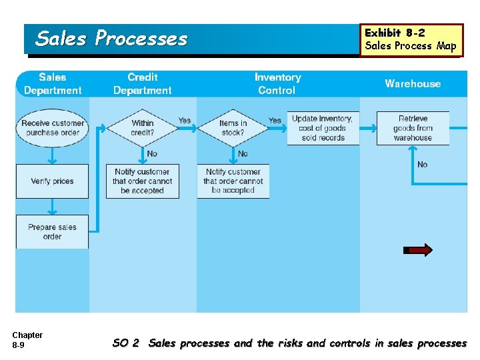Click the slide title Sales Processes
point(111,39)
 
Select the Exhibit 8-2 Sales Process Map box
point(411,40)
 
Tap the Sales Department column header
point(53,84)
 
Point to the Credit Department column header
point(142,84)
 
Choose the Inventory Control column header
point(277,84)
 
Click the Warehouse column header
point(413,84)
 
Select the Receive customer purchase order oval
point(53,128)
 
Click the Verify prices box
point(52,181)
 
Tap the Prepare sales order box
point(52,231)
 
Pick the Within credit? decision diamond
point(142,128)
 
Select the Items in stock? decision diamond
point(233,128)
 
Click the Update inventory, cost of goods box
point(323,128)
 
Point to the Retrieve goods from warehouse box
point(413,128)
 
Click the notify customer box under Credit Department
point(142,181)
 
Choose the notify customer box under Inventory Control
point(233,181)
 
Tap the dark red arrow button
point(418,250)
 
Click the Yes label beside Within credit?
point(185,121)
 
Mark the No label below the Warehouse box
point(422,165)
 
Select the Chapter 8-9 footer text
point(27,340)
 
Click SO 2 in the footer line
point(126,343)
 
